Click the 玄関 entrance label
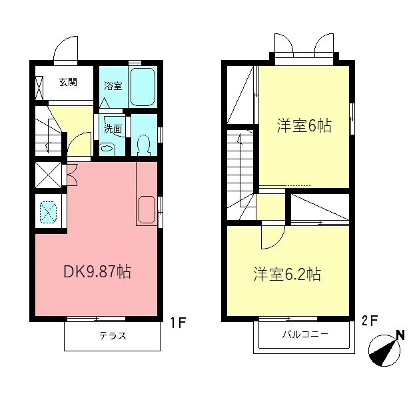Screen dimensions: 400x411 point(67,83)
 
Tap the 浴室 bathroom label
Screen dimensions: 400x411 point(113,86)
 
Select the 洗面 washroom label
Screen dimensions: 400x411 point(113,129)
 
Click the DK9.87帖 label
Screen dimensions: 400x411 point(97,272)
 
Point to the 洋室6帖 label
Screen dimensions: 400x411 point(304,126)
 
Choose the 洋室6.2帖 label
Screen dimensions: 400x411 point(287,274)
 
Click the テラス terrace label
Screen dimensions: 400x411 point(113,336)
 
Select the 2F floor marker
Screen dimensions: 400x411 point(369,320)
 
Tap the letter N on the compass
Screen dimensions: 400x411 point(400,335)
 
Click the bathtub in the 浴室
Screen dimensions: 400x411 point(143,87)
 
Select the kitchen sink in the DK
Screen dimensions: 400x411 point(146,210)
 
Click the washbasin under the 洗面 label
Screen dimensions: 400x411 point(107,147)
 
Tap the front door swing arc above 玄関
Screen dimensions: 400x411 point(67,47)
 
